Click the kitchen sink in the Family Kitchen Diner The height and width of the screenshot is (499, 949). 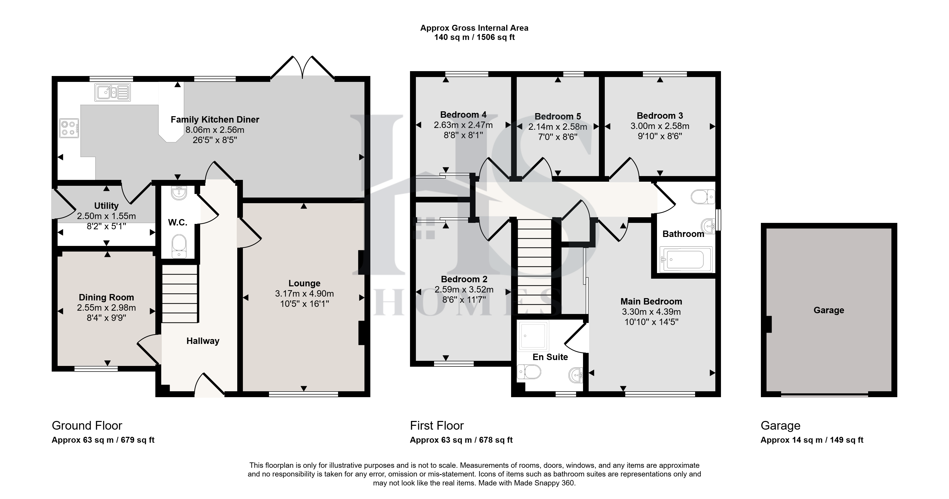coord(112,92)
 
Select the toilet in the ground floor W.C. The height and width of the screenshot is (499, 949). coord(179,246)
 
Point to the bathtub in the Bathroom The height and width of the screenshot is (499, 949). coord(685,259)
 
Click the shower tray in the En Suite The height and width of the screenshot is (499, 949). coord(533,335)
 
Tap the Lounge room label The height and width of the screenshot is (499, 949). coord(304,283)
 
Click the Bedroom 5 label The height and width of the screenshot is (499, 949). coord(558,116)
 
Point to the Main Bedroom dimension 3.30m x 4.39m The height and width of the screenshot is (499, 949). coord(651,311)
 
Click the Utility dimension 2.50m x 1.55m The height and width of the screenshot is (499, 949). coord(106,216)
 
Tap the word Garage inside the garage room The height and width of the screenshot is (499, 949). coord(829,310)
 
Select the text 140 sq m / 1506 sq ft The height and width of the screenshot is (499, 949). coord(475,37)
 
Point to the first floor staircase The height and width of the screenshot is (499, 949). coord(535,266)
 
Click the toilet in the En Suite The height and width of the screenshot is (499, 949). coord(529,372)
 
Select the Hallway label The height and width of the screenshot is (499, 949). coord(203,341)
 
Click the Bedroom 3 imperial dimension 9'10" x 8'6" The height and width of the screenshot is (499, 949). coord(660,136)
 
